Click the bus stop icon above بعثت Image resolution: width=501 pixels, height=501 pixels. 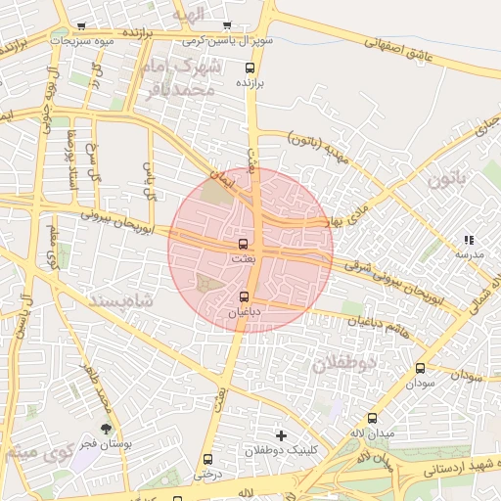(243, 244)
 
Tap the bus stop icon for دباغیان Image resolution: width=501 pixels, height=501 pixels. (244, 296)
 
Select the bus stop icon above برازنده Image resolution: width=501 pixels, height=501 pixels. (250, 68)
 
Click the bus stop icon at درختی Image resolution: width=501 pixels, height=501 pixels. (206, 459)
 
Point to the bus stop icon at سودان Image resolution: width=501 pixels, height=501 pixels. (420, 369)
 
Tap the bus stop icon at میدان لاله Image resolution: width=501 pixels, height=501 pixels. (372, 418)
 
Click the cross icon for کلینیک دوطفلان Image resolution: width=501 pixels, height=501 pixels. (282, 434)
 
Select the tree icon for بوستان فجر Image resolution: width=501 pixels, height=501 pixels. (106, 428)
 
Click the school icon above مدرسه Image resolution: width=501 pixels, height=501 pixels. (469, 240)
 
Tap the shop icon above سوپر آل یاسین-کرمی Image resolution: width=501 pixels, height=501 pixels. (227, 26)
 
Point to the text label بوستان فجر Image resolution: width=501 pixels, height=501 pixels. (107, 444)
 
